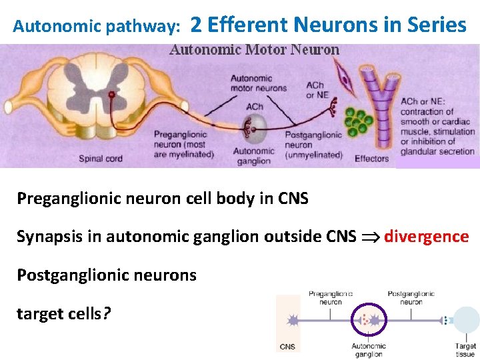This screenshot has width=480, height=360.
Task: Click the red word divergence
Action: point(427,237)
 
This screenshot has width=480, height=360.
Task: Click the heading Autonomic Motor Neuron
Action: point(254,50)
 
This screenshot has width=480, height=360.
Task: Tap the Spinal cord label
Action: point(101,159)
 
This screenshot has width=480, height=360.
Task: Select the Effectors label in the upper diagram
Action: point(371,159)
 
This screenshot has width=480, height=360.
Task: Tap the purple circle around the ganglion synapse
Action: point(368,320)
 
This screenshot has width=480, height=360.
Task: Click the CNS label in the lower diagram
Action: point(287,347)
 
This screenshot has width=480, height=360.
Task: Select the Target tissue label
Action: point(465,350)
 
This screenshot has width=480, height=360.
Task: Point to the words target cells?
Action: point(64,313)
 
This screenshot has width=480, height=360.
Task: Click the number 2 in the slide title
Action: point(196,25)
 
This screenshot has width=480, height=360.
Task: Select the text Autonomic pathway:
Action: point(97,27)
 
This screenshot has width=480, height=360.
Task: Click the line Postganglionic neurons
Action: point(107,275)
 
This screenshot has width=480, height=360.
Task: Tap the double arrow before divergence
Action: point(371,237)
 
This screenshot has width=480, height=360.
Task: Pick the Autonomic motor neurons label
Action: point(258,83)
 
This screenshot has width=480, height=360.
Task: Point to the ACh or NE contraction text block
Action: point(437,127)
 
